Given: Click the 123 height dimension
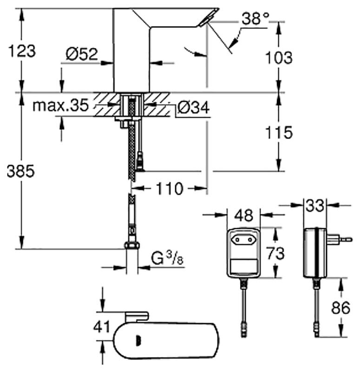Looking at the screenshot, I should coord(22,51).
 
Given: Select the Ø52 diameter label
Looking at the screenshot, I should coord(82,54).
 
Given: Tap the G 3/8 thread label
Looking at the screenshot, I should coord(167,259).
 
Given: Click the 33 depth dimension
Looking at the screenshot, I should coord(315,205).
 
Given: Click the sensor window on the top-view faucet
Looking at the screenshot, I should coord(137,341).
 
